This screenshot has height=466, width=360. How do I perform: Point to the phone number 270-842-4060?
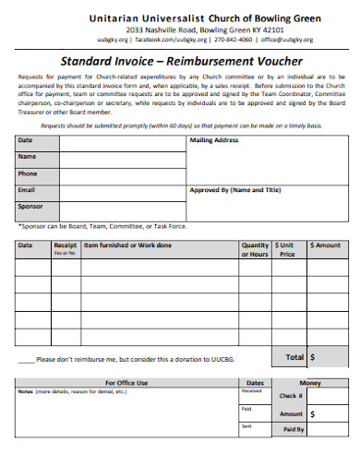point(232,41)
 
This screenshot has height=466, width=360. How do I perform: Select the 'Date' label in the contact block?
point(26,140)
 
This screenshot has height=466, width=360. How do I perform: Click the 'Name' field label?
point(28,157)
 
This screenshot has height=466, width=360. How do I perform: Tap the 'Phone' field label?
point(29,173)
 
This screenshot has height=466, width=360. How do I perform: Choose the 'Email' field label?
point(28,190)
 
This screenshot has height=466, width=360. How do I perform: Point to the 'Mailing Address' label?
point(214,140)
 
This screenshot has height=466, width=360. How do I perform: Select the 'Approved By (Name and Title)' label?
point(234,190)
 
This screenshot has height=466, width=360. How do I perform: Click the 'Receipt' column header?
point(65,246)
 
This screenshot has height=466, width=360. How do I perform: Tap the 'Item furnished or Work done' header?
point(127,245)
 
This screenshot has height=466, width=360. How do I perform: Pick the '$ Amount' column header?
point(325,245)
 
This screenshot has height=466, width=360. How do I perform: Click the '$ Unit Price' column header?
point(287,249)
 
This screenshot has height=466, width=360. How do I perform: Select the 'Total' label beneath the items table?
point(294,356)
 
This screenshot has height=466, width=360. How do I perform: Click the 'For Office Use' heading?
point(126,382)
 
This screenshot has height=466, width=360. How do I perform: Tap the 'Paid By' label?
point(294,429)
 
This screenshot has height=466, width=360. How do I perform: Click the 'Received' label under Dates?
point(250,391)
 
